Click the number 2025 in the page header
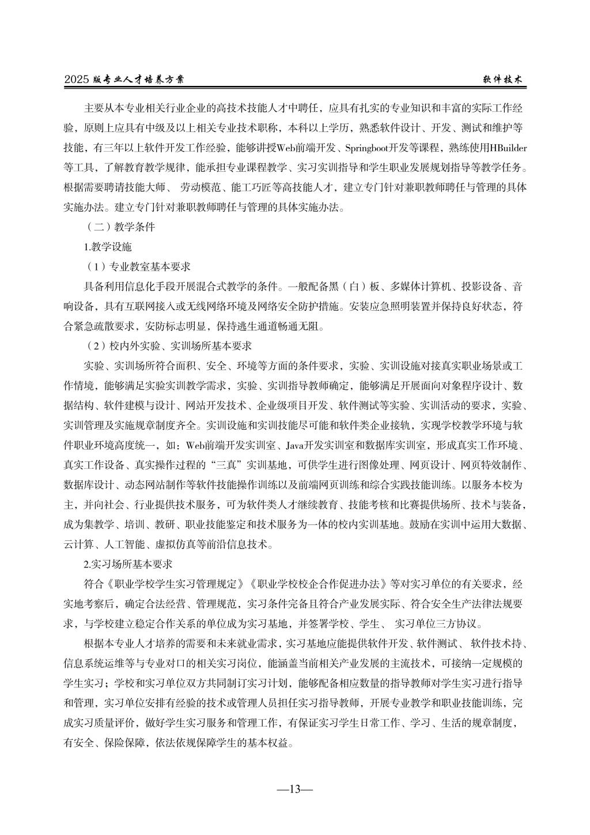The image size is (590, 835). click(x=77, y=80)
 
